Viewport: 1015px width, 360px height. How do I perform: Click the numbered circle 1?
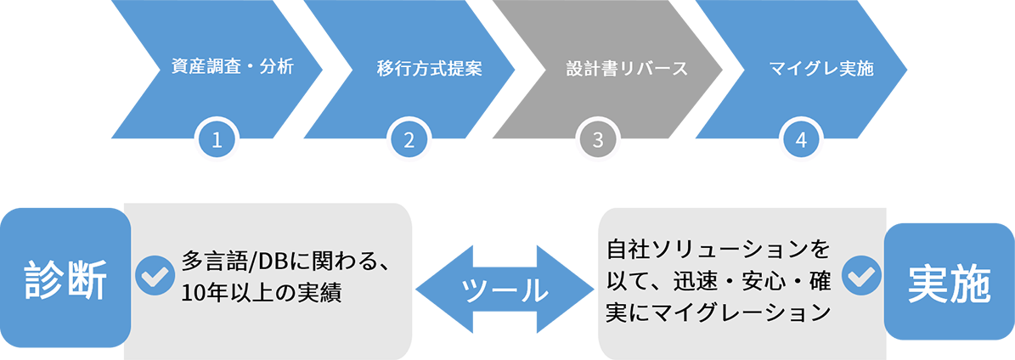217,141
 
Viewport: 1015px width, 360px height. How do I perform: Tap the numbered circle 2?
409,141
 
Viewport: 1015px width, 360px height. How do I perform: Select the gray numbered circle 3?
598,141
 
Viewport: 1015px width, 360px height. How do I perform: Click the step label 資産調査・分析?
232,68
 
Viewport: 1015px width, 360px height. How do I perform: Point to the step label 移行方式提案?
430,69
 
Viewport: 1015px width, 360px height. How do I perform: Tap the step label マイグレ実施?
820,69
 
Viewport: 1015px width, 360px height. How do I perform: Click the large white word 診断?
65,282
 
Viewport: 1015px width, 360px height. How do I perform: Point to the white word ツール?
505,290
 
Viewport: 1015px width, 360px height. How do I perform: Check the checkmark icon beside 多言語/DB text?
155,274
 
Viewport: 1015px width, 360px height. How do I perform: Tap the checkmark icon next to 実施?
861,274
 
